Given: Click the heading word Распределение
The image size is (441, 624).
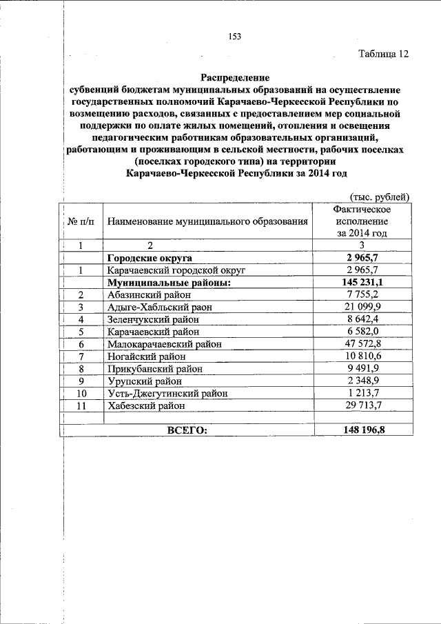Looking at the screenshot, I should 234,78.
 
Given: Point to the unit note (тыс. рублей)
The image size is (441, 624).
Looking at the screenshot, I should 380,197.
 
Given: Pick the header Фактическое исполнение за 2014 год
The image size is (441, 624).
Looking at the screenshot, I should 362,221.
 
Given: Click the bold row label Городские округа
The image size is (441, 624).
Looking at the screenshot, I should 149,258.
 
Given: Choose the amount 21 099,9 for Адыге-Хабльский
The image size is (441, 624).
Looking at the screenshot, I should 362,308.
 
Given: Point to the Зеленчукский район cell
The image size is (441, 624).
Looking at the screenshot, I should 152,320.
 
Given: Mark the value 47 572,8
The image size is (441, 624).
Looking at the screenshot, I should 362,344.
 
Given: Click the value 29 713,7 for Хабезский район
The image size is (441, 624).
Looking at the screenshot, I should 362,406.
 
